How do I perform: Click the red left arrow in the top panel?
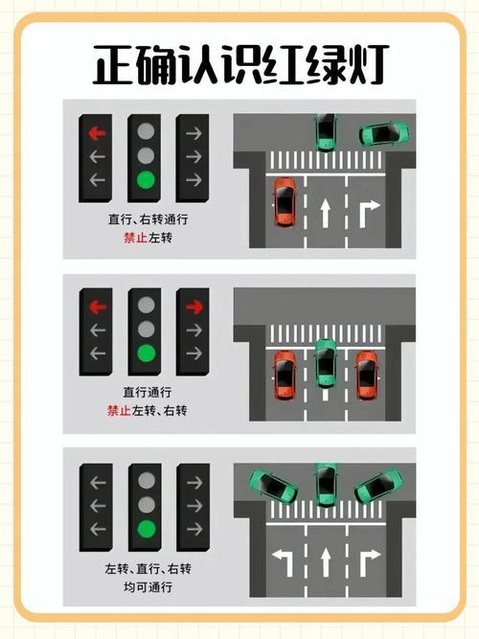click(97, 133)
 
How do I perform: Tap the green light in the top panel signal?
click(146, 180)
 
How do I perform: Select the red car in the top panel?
click(285, 201)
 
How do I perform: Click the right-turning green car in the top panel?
click(383, 134)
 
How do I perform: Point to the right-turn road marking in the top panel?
click(369, 214)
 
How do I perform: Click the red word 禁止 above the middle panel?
click(136, 238)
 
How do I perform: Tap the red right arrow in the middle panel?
click(194, 307)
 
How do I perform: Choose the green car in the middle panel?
click(326, 363)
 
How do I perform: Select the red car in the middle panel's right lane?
click(367, 375)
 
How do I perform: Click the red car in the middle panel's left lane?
click(285, 375)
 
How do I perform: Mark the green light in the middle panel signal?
click(146, 354)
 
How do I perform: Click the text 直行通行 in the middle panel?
click(148, 392)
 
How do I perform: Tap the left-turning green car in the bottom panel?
click(273, 487)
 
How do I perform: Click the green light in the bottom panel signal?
click(147, 530)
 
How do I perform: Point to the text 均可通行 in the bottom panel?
click(148, 587)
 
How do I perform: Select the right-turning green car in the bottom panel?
click(378, 486)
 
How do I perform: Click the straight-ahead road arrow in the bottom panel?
click(326, 562)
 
